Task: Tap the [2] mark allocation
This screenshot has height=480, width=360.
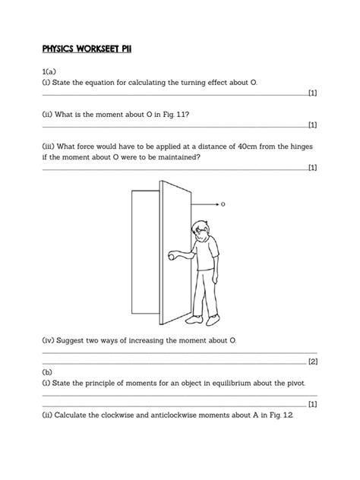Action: pyautogui.click(x=312, y=362)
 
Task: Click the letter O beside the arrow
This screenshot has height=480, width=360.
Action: pyautogui.click(x=223, y=204)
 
